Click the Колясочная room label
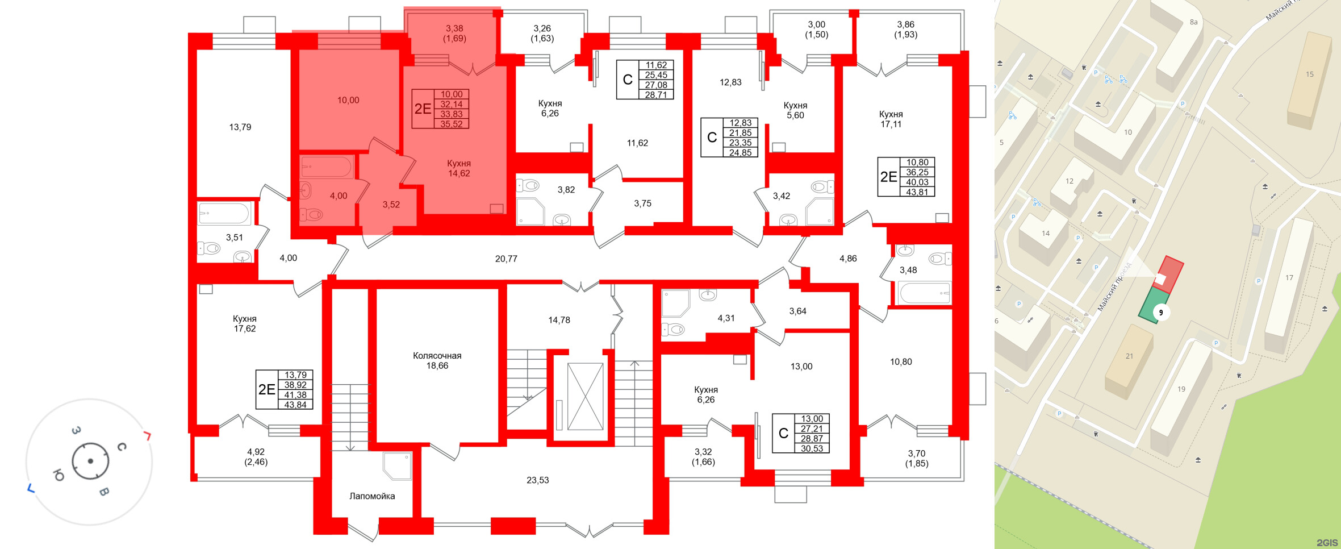437,360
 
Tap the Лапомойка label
372,496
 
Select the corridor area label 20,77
506,259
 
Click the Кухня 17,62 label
245,324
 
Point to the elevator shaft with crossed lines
585,396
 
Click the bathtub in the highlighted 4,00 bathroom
327,167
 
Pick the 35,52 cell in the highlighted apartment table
452,124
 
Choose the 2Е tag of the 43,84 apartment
267,389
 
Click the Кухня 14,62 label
459,168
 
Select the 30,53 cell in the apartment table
812,448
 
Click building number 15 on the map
1310,74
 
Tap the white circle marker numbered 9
1161,313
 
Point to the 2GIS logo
1327,543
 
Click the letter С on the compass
121,447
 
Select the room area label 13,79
240,127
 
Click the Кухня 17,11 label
891,119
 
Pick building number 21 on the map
1129,356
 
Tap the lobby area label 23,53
537,480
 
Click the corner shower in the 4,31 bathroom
675,303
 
